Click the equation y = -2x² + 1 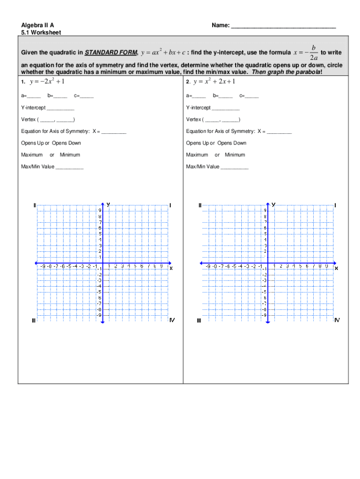47,82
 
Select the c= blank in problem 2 252,97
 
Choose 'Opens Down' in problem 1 66,143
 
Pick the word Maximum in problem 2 197,155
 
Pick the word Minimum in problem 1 70,155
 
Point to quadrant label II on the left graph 34,205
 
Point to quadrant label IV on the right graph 337,320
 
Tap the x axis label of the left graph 171,268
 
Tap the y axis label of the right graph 274,204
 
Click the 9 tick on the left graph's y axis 100,210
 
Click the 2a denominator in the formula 314,58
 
